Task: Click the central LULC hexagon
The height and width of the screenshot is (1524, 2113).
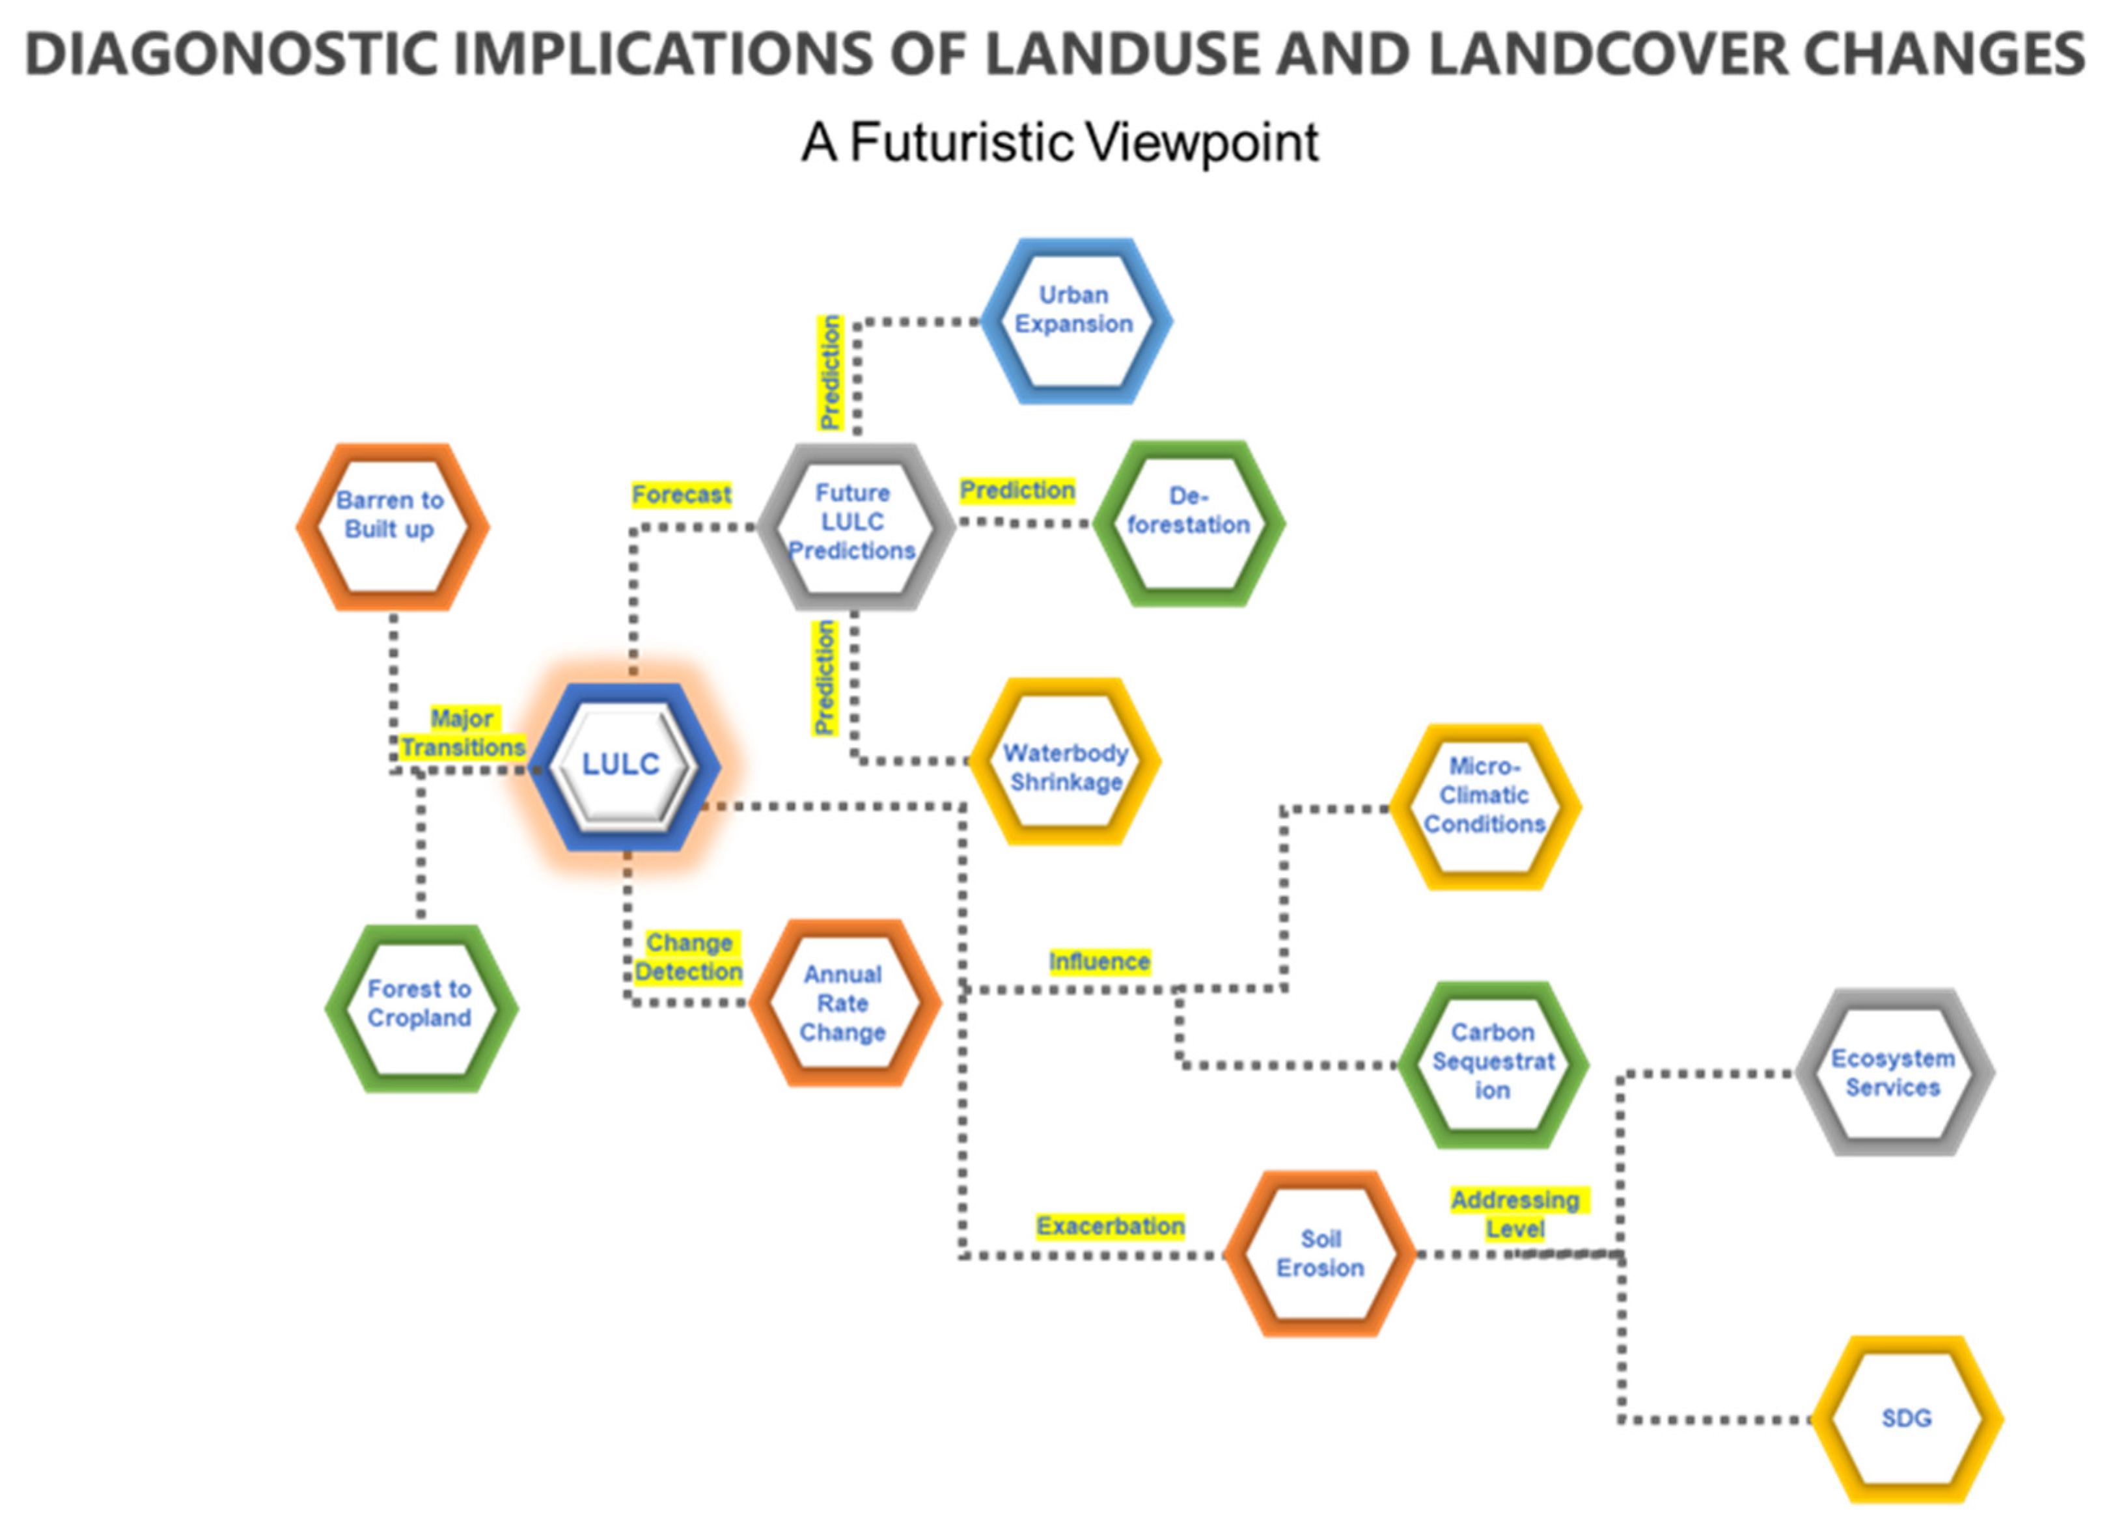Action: pos(622,766)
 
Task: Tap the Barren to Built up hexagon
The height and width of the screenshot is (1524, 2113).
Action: pos(391,526)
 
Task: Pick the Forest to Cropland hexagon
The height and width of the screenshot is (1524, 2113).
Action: pos(420,1008)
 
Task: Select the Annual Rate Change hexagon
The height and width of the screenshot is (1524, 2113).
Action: pos(843,1003)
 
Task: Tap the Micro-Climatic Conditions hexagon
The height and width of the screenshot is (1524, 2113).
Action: pos(1484,807)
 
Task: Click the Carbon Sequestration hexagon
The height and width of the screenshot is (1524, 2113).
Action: pos(1493,1063)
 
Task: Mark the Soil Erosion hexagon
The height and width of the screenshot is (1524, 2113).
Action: pos(1319,1254)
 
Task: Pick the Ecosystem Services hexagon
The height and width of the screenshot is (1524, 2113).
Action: pos(1893,1072)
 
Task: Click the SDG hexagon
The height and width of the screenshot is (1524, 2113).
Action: pos(1906,1419)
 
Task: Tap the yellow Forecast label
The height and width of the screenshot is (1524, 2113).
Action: pos(681,495)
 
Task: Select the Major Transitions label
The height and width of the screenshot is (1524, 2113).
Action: pos(463,733)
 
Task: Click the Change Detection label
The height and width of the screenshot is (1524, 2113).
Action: pos(689,957)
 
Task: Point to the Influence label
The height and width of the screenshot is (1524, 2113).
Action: pos(1099,961)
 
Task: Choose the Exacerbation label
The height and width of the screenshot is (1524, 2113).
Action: pos(1111,1226)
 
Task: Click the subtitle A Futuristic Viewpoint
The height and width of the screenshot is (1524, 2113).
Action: pos(1059,143)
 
